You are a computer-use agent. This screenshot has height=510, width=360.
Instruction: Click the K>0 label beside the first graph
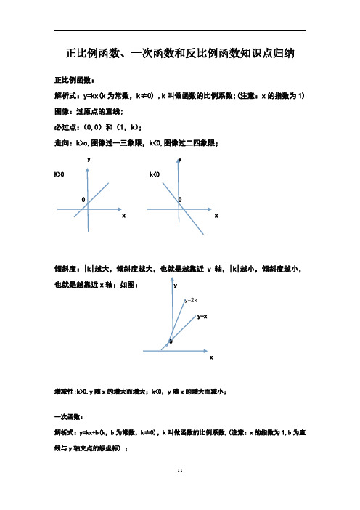59,175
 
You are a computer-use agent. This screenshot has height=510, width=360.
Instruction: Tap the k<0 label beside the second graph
154,175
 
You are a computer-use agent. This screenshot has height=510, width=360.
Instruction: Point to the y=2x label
192,299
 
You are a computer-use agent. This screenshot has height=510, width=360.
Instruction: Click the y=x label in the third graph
203,317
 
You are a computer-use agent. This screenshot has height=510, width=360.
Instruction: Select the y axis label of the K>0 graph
89,158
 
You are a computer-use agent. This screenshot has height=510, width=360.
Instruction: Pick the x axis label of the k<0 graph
216,216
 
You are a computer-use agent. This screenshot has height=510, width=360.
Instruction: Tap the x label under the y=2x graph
211,358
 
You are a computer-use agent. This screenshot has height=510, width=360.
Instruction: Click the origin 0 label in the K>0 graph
83,198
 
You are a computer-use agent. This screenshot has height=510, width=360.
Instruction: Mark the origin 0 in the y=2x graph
171,341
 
